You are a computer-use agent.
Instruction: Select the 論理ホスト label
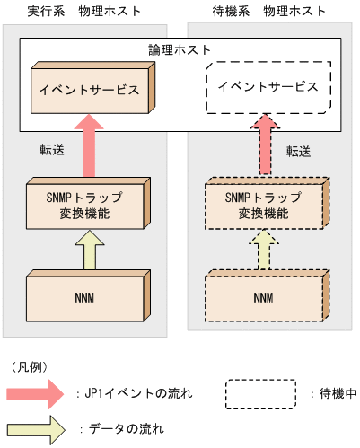[180, 51]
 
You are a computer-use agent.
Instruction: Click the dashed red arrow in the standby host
[264, 148]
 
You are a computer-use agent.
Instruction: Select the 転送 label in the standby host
[299, 151]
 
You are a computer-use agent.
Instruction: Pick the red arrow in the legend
[36, 392]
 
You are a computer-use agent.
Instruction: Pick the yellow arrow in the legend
[36, 428]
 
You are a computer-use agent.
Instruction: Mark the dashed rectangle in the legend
[261, 393]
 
